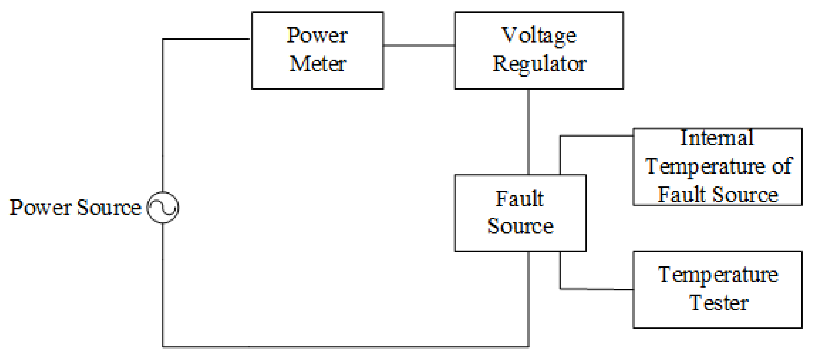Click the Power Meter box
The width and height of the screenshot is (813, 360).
click(317, 50)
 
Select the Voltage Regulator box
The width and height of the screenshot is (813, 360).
click(538, 50)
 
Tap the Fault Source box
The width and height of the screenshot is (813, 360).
click(520, 213)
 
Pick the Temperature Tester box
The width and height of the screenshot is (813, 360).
click(717, 289)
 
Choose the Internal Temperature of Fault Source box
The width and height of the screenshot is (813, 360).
click(717, 167)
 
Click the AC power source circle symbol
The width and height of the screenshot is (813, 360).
click(163, 207)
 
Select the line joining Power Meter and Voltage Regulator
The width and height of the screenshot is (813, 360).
click(419, 45)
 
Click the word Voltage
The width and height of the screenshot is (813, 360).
click(539, 35)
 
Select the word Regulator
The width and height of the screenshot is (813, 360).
click(539, 64)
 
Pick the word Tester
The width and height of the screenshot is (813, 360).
click(718, 303)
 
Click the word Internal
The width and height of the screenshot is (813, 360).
click(717, 138)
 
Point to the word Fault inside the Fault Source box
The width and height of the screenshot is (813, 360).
click(519, 199)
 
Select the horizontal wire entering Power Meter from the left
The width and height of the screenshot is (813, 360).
click(206, 39)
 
